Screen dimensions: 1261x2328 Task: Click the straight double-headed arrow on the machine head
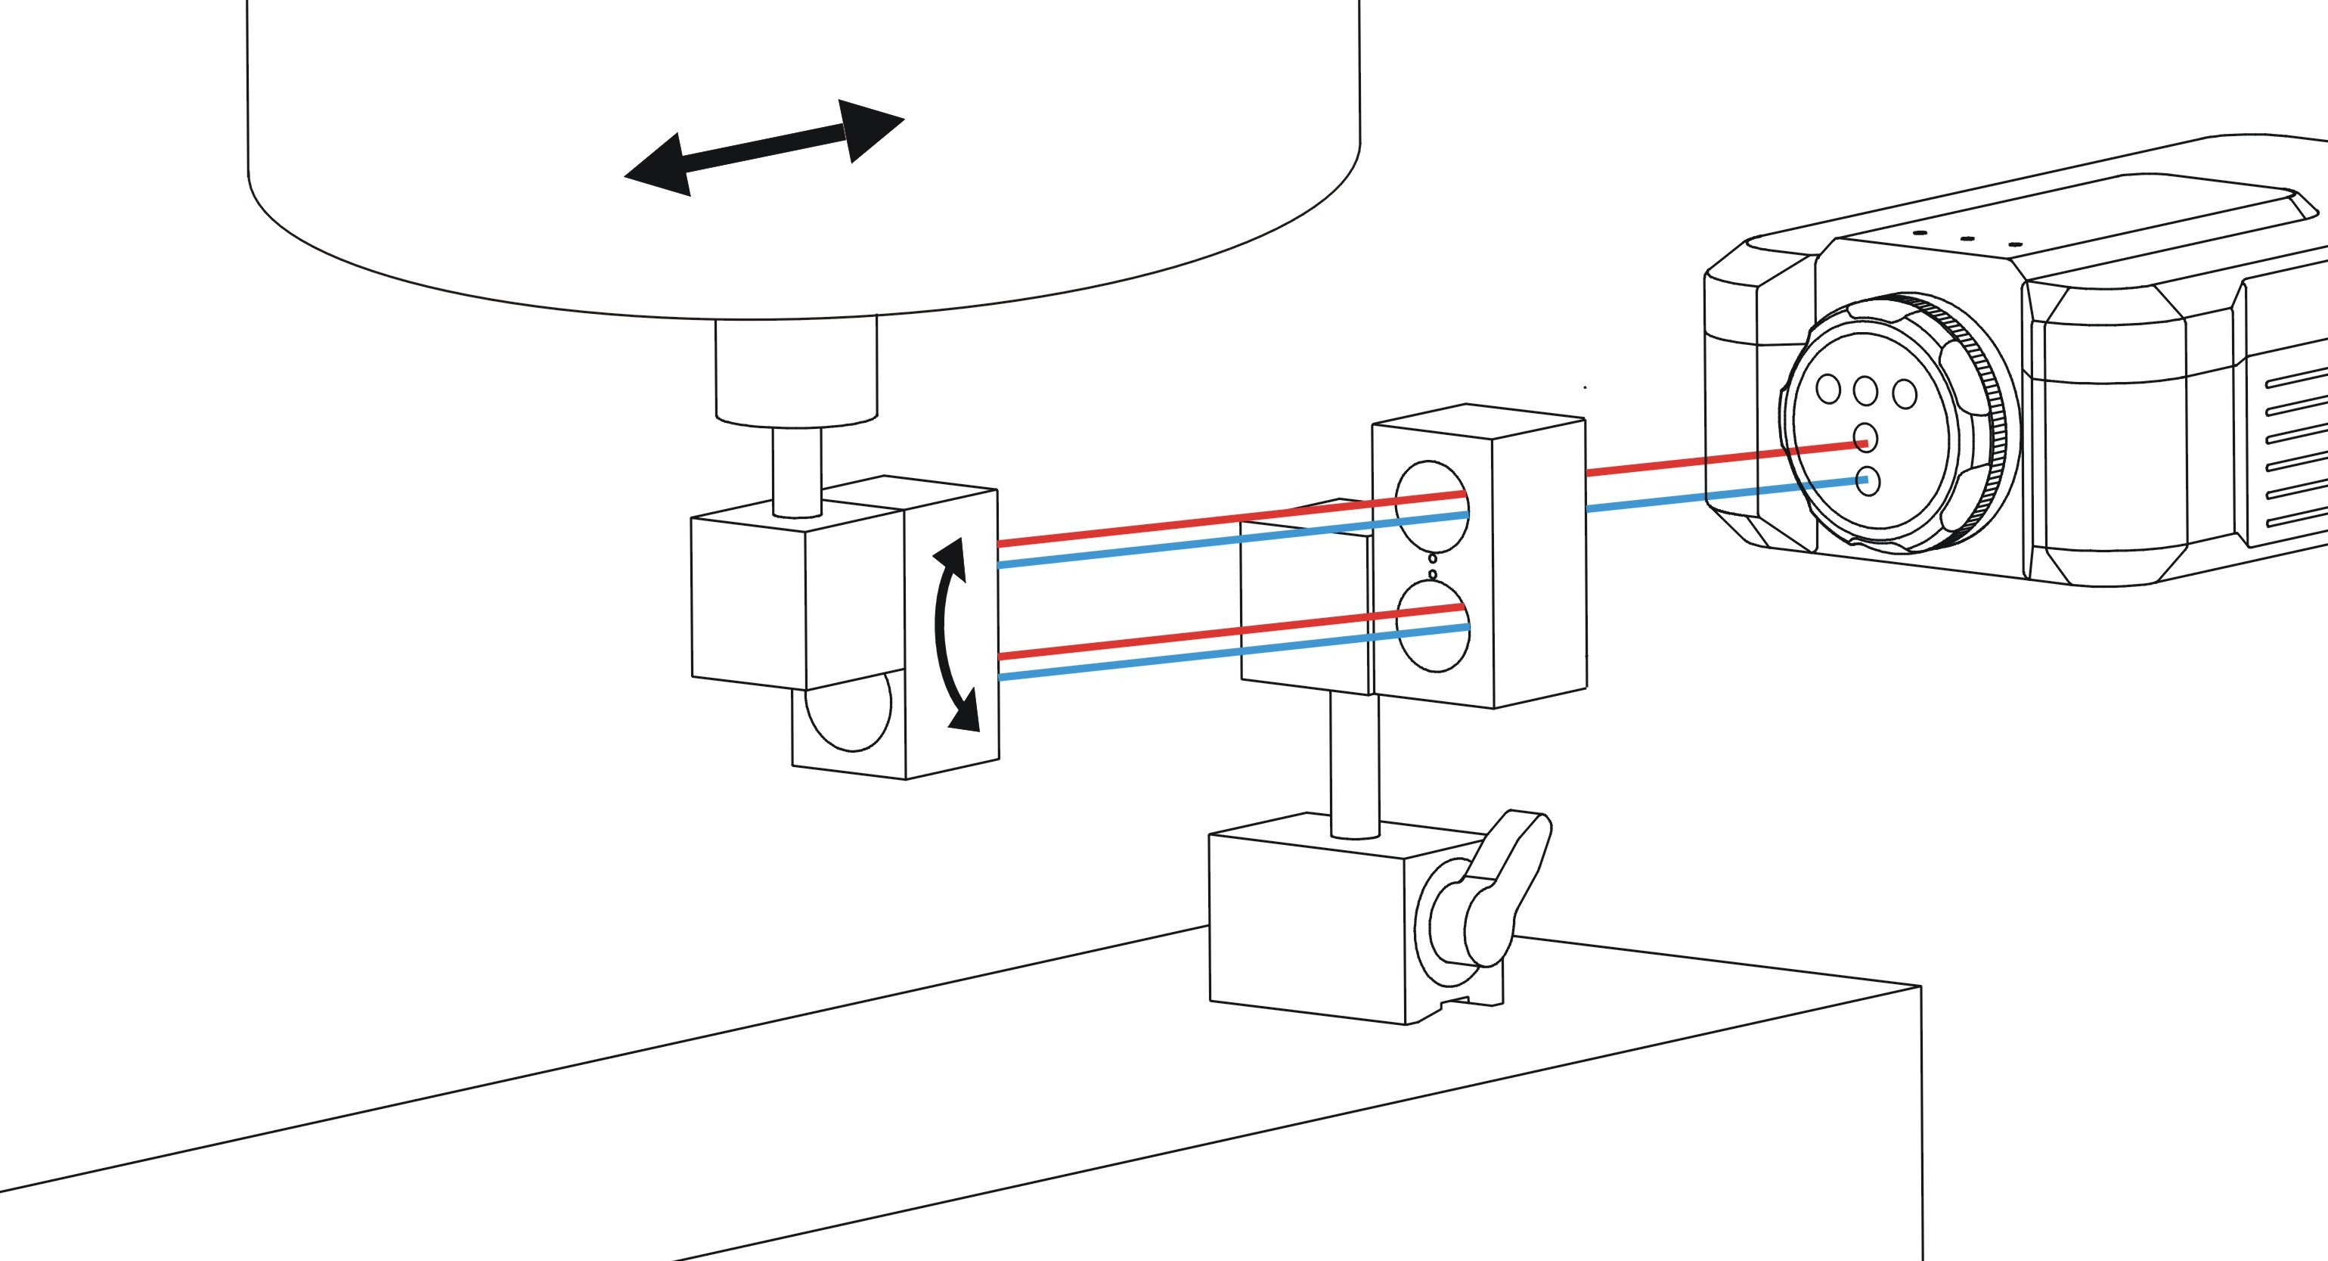(x=764, y=147)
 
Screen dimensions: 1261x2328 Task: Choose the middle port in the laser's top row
(x=1865, y=391)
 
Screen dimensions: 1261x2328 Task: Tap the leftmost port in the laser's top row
(x=1827, y=390)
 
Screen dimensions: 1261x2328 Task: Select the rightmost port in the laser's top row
(x=1904, y=394)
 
